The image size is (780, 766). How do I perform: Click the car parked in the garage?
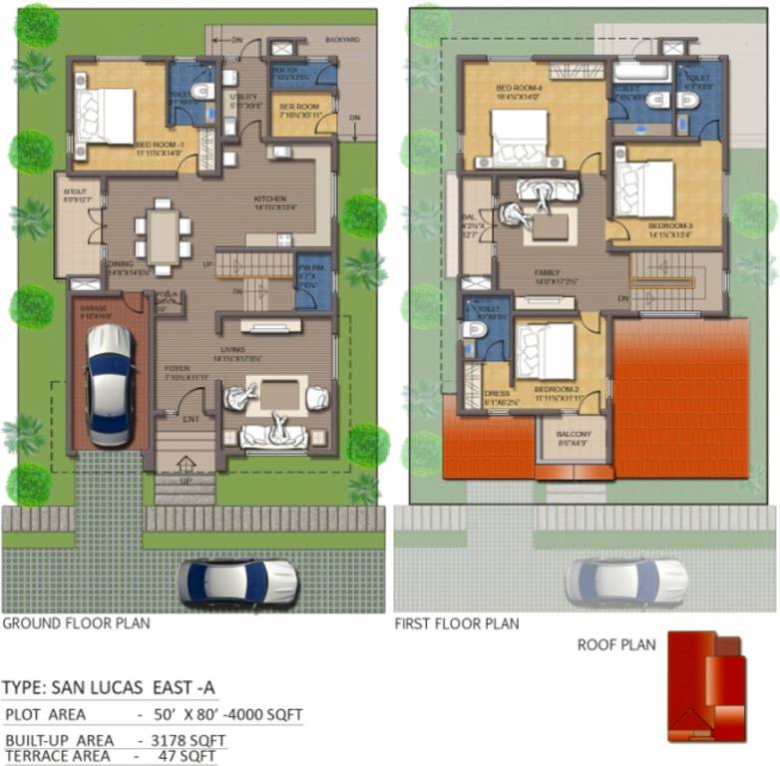109,385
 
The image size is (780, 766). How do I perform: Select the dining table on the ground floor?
163,234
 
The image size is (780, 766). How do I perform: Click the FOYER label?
177,369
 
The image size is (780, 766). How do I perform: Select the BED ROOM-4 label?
517,88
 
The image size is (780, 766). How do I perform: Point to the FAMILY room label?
547,273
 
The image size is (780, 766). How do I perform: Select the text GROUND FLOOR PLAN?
76,624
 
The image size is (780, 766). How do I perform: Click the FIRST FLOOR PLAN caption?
457,624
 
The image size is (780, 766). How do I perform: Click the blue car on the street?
238,580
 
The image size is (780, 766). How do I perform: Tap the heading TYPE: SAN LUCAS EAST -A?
109,689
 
